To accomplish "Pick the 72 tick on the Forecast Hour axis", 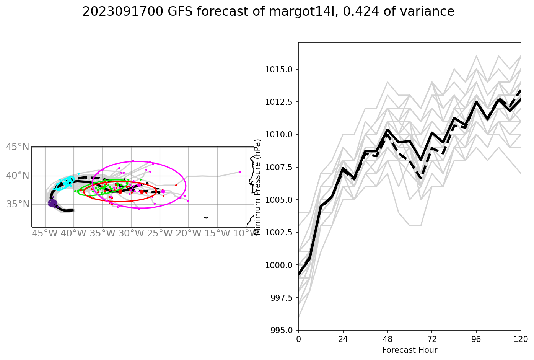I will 431,339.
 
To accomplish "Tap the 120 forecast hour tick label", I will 521,339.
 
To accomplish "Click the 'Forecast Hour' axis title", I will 409,350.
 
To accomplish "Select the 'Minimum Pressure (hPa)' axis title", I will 257,187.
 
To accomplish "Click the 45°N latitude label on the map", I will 18,147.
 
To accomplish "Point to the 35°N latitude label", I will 18,204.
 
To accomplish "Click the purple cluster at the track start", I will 52,203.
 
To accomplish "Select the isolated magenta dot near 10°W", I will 240,172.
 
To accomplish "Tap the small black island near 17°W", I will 206,217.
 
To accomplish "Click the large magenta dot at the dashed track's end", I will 163,191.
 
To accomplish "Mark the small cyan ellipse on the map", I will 65,183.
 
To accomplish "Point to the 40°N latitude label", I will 18,176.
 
